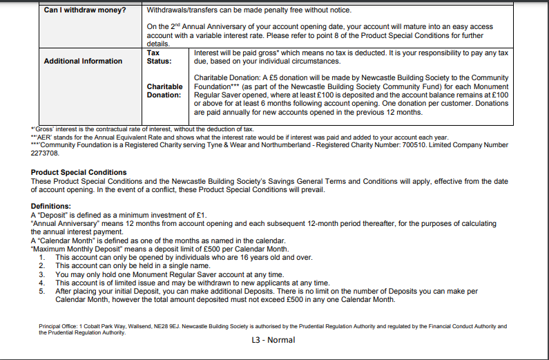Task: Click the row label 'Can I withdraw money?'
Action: coord(84,10)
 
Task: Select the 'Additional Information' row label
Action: coord(83,61)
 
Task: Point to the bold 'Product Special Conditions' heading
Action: coord(79,172)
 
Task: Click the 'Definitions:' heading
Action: coord(50,206)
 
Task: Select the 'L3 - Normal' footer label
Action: coord(273,339)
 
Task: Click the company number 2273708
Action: coord(46,153)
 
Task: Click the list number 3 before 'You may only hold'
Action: coord(41,274)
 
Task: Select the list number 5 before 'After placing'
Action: coord(41,292)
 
